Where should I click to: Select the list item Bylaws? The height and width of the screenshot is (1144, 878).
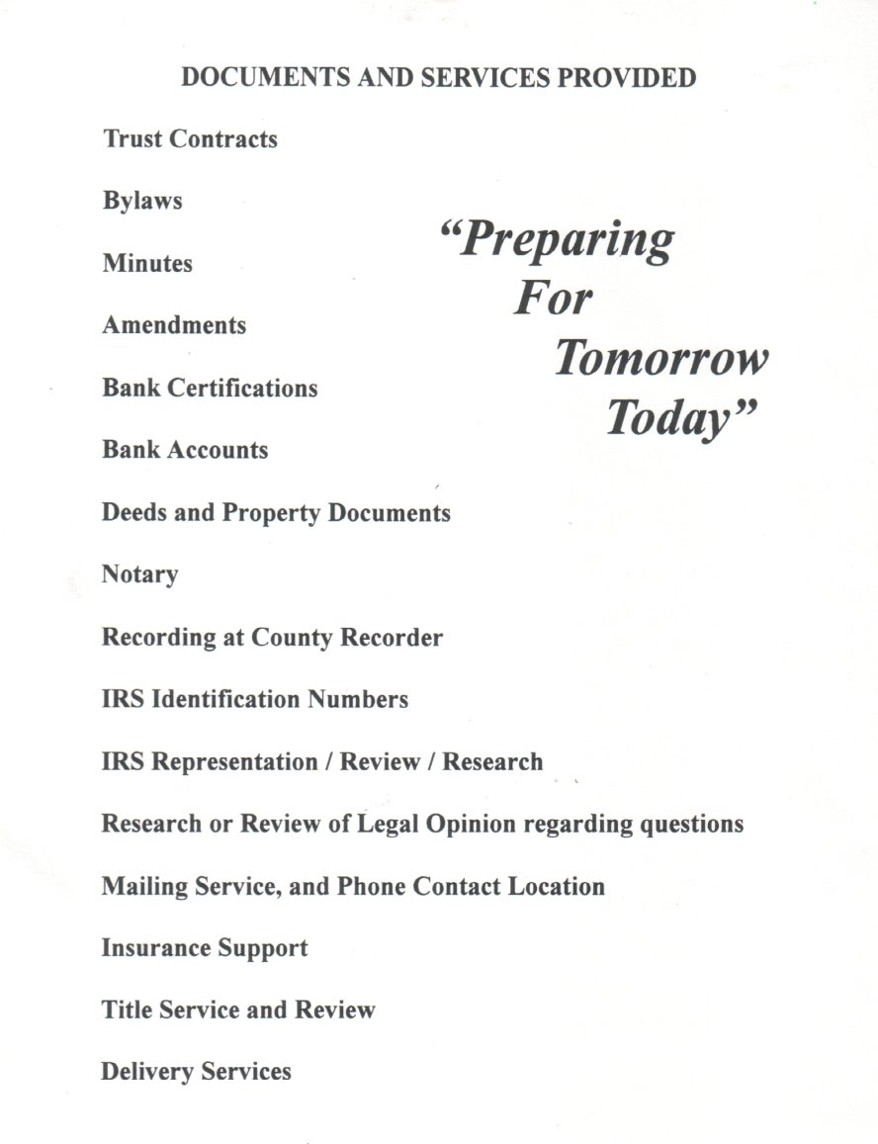pos(142,202)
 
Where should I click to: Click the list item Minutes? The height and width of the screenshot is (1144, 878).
pos(147,264)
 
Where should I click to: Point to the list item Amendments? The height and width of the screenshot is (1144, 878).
pos(174,325)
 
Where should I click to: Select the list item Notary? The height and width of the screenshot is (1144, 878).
pos(140,575)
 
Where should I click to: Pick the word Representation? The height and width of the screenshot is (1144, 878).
pos(233,762)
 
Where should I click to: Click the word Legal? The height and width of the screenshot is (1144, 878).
pos(389,824)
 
